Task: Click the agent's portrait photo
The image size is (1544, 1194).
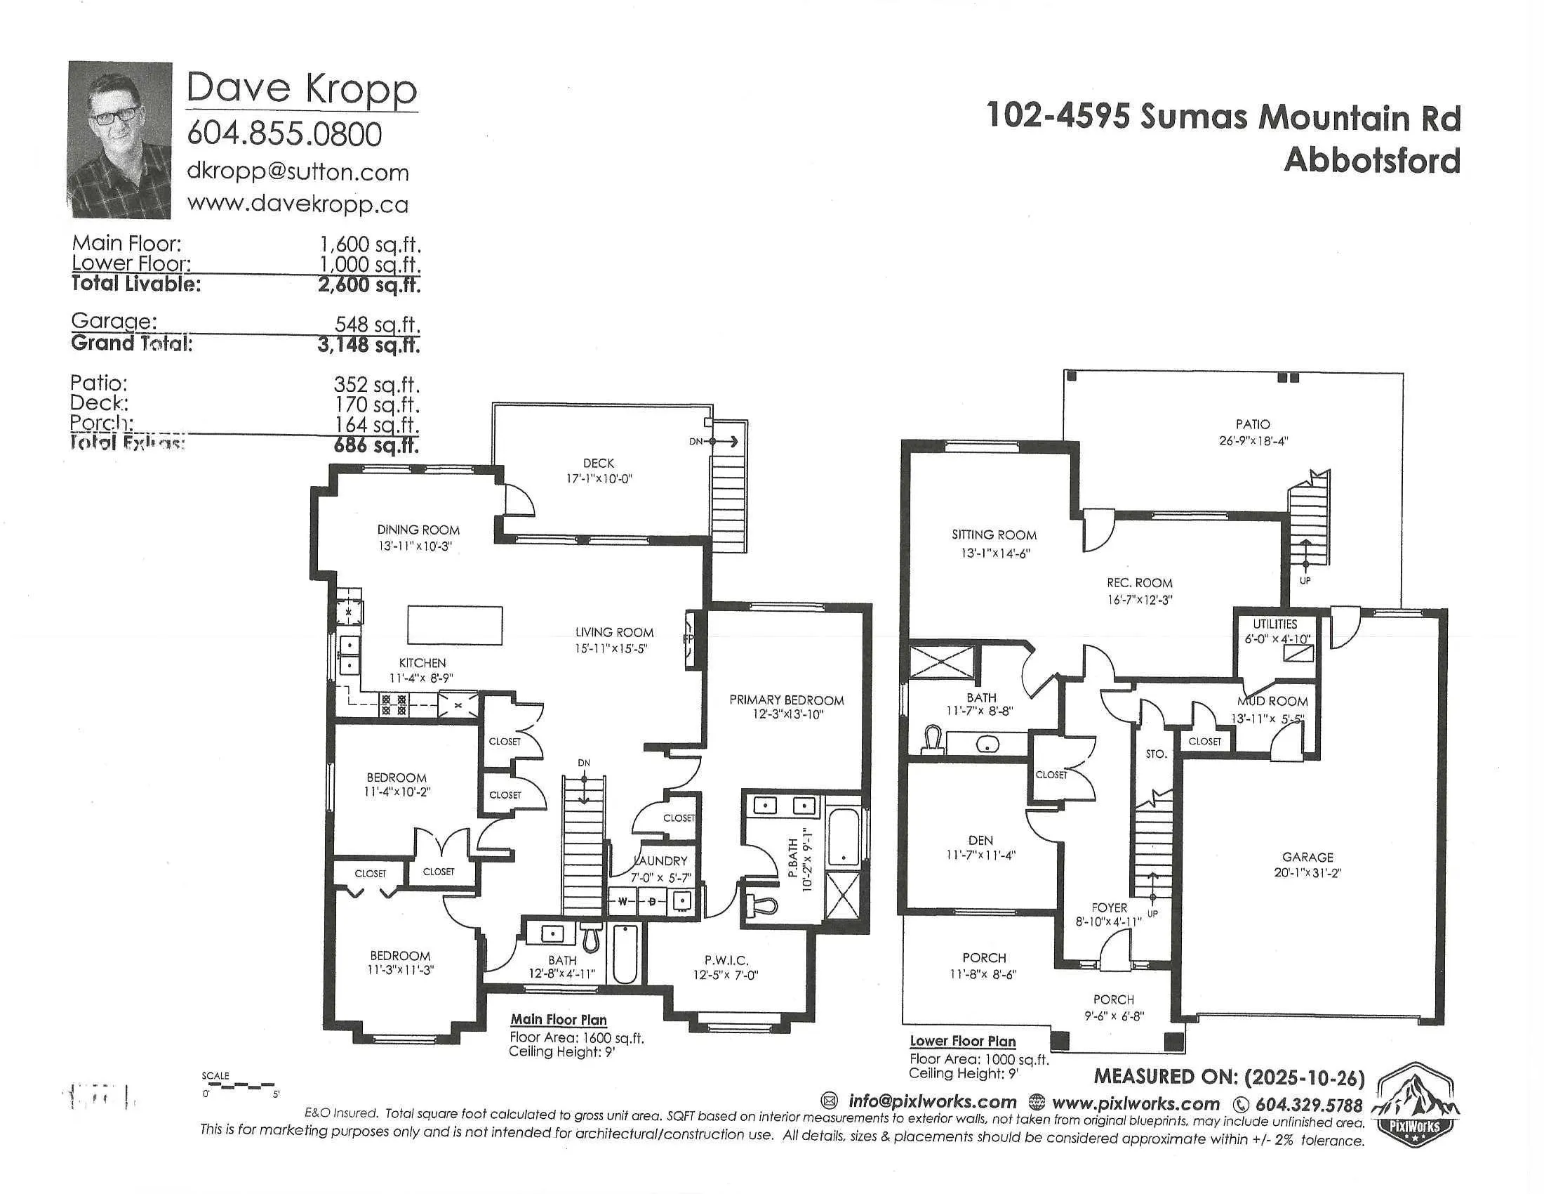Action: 119,139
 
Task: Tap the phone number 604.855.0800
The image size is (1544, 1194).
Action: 284,133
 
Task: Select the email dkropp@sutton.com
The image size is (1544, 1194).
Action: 298,172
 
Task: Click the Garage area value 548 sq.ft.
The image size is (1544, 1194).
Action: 377,324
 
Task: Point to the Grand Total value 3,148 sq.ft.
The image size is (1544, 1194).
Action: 368,344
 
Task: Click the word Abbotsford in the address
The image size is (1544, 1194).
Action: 1371,161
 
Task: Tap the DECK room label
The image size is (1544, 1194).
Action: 598,464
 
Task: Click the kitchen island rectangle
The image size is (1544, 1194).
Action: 455,625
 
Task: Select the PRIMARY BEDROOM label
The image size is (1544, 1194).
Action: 786,700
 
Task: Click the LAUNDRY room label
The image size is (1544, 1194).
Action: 660,861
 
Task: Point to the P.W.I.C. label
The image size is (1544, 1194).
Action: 726,960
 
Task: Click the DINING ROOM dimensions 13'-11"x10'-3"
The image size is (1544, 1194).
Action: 415,546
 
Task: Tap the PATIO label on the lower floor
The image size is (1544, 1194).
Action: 1253,424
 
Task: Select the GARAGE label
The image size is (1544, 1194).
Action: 1307,857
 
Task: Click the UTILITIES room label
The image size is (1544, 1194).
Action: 1275,624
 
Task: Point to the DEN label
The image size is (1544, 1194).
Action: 980,840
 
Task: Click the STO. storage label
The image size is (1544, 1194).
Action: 1156,754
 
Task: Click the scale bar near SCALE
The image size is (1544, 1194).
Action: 240,1086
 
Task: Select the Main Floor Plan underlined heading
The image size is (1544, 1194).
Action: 559,1019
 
